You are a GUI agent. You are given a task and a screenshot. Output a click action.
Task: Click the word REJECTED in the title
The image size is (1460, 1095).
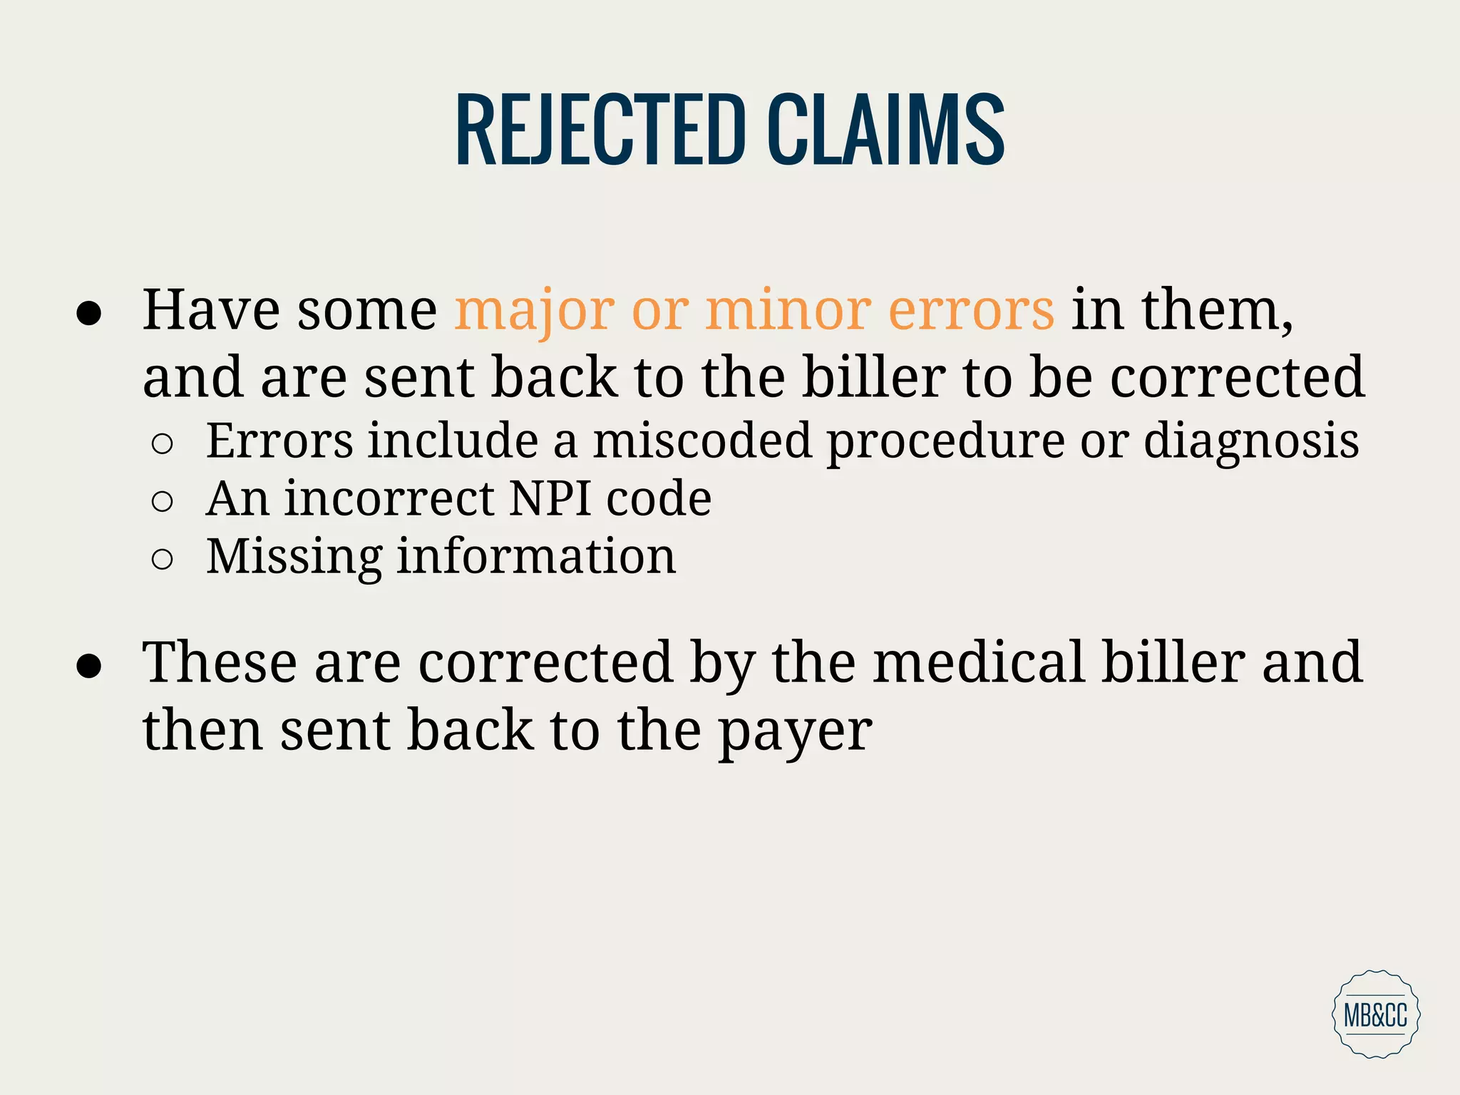(x=600, y=130)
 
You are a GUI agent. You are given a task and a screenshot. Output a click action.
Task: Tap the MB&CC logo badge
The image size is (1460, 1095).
(x=1375, y=1013)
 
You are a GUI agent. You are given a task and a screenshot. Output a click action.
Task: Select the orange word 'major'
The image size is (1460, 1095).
(x=535, y=311)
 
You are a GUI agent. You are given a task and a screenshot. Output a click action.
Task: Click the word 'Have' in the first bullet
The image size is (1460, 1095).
(x=211, y=311)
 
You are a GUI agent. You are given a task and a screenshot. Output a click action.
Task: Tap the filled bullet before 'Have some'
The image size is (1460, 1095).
(x=89, y=314)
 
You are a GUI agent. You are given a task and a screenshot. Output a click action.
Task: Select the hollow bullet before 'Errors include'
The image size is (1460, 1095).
(x=163, y=444)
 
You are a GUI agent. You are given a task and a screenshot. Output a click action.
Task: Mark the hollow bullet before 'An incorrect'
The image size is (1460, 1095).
(x=163, y=501)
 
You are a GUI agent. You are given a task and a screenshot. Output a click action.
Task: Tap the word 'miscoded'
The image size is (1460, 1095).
(x=702, y=441)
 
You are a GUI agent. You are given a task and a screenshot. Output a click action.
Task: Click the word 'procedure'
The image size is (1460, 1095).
(x=945, y=441)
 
